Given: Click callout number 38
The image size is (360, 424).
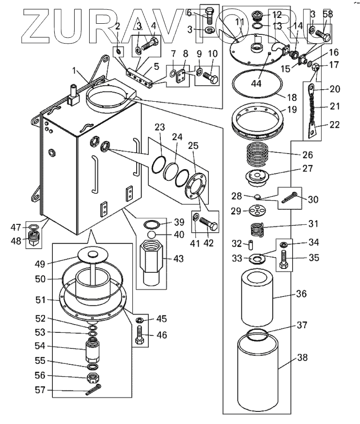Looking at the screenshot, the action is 302,358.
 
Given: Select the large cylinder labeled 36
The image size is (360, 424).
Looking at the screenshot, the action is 257,297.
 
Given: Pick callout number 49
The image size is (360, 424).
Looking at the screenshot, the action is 40,264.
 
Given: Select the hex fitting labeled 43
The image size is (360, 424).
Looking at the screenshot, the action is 152,263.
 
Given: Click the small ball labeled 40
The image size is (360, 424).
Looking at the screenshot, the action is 152,235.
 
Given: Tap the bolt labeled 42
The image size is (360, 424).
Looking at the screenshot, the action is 208,224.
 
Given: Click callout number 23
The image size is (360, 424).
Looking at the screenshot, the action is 159,127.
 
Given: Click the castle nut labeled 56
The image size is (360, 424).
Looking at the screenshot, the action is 93,377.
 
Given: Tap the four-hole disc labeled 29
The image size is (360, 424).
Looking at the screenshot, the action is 257,210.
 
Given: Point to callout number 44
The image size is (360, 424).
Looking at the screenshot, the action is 256,83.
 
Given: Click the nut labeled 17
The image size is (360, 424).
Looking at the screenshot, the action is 315,66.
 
